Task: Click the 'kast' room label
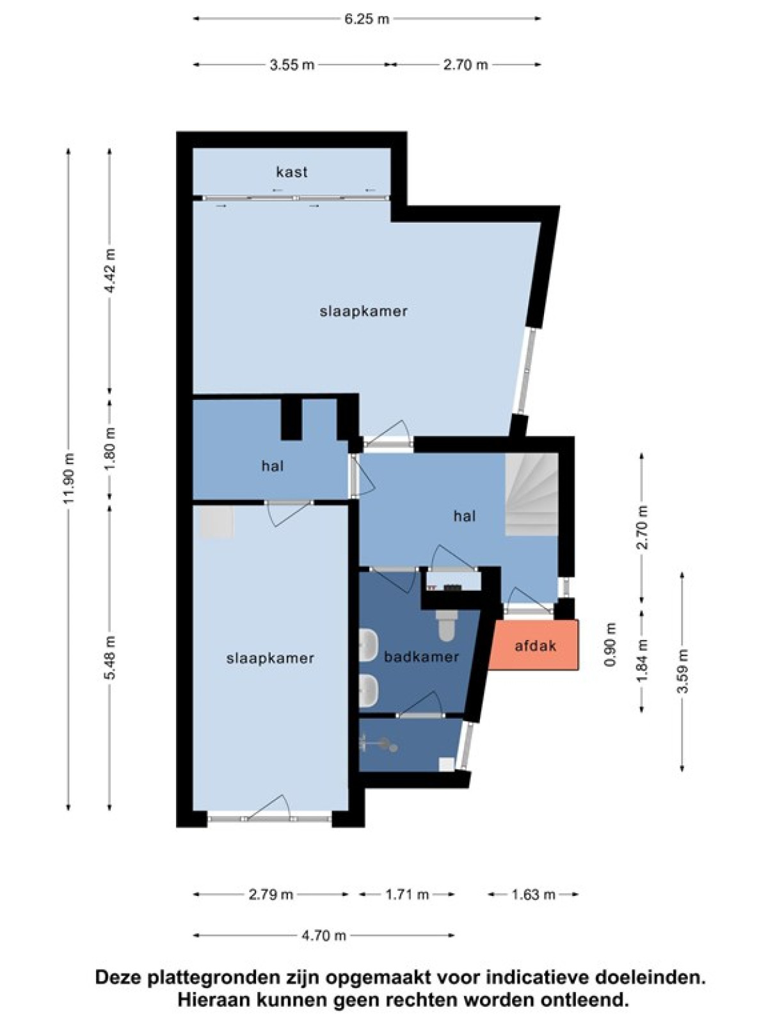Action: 292,172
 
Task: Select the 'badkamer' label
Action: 421,657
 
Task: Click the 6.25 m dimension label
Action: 367,19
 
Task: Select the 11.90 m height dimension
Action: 69,477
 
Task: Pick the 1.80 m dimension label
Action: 109,449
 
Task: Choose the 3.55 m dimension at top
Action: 292,65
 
